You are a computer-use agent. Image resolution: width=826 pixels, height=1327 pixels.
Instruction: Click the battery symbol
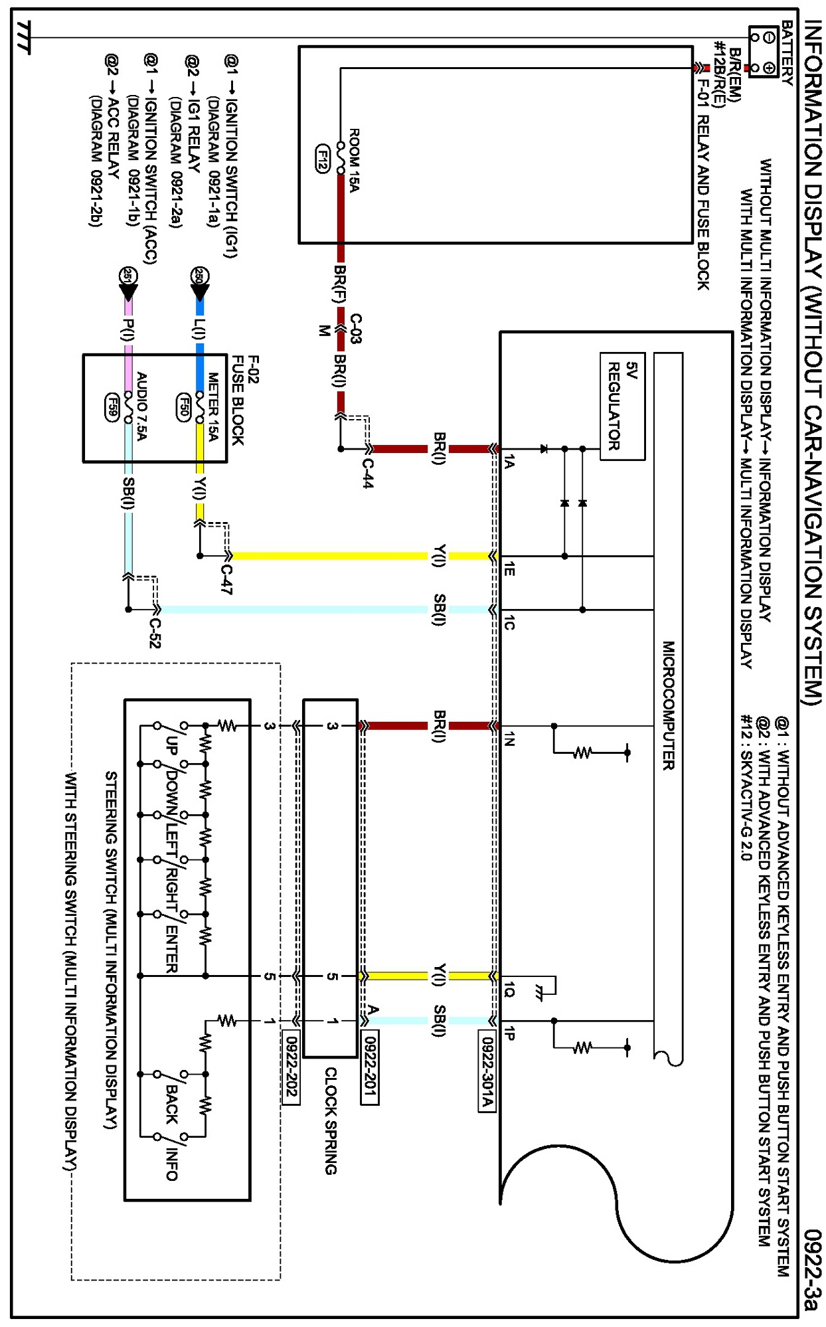[763, 52]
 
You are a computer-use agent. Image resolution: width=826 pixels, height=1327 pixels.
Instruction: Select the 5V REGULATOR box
[622, 406]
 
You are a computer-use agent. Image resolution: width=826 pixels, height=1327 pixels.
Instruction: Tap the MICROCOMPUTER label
[668, 705]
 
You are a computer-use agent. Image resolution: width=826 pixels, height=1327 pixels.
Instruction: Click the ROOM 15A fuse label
[354, 160]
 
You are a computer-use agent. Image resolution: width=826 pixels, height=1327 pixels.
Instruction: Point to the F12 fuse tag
[323, 159]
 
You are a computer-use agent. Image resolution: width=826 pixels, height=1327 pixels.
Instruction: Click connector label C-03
[356, 328]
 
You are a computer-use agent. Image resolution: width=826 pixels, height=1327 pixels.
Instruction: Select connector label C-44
[367, 473]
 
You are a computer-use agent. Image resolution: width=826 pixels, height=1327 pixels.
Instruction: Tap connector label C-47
[227, 578]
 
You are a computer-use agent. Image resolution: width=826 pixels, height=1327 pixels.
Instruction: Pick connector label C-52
[154, 633]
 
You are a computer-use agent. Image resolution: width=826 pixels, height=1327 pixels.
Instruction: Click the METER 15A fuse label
[212, 406]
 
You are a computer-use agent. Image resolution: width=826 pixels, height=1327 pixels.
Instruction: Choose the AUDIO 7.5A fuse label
[141, 406]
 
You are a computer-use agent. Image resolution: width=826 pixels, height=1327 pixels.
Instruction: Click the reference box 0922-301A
[487, 1070]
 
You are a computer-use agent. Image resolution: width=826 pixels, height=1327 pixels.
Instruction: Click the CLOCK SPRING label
[330, 1120]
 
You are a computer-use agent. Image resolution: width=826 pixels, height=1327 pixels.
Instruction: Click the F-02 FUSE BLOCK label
[245, 399]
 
